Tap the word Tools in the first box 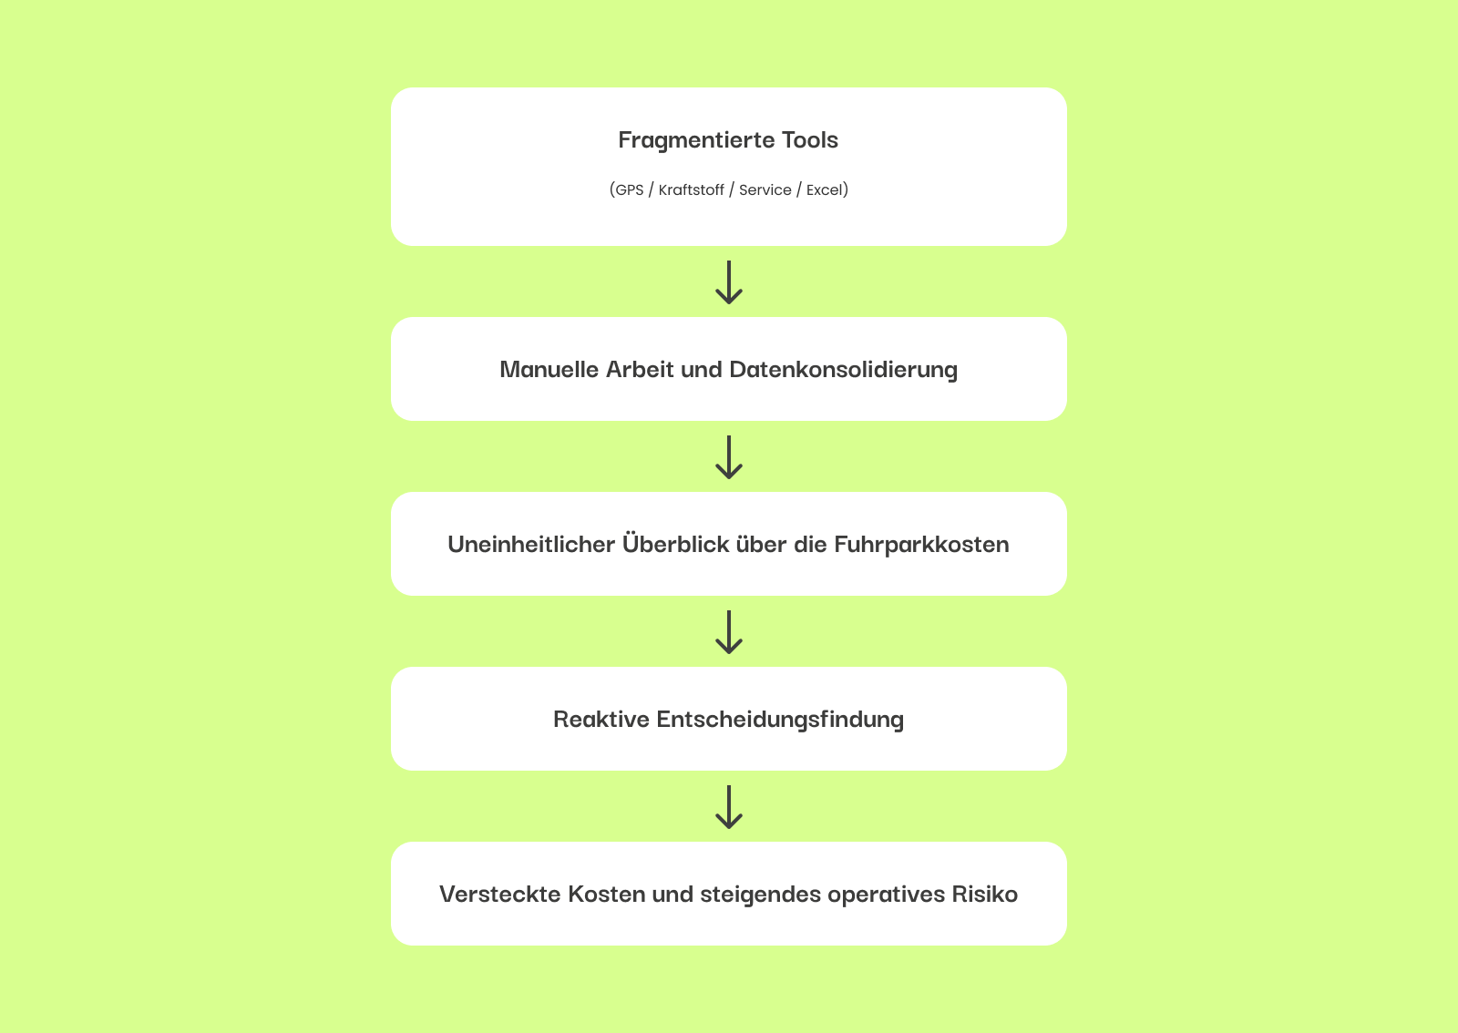point(810,140)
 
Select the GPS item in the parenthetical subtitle point(629,190)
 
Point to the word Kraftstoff point(692,190)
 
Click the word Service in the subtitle point(765,190)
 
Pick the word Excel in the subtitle point(825,190)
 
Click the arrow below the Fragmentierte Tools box point(729,282)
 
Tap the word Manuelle point(549,370)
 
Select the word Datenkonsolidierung point(844,370)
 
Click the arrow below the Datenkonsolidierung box point(729,457)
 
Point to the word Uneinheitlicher point(531,545)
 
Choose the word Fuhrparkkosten point(921,545)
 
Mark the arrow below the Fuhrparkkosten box point(729,632)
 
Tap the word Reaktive point(601,720)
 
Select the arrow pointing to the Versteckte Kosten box point(729,807)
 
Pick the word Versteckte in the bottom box point(500,895)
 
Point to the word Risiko point(985,895)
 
